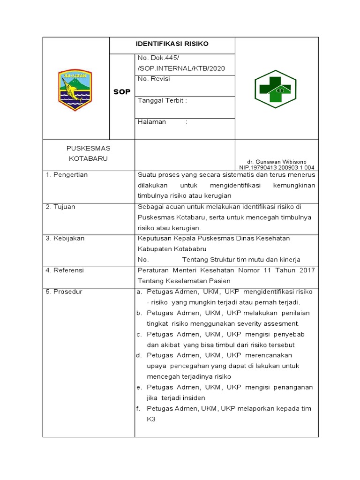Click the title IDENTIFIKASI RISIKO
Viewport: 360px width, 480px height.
coord(172,44)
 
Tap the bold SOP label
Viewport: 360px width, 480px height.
coord(122,92)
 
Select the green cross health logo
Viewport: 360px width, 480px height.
coord(276,89)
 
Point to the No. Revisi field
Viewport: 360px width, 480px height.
coord(154,79)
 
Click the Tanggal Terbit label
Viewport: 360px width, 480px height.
coord(162,101)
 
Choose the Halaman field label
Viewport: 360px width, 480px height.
coord(152,122)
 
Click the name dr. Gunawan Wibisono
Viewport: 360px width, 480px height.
coord(277,161)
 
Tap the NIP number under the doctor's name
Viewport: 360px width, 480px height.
coord(277,167)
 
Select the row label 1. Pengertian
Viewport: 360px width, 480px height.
coord(67,175)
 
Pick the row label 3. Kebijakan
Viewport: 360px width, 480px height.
coord(65,239)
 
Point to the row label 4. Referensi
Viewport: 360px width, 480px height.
coord(65,270)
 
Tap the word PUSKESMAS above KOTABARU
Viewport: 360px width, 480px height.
coord(88,148)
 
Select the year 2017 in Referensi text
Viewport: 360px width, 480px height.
coord(307,270)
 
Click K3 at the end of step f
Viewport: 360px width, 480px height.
coord(151,419)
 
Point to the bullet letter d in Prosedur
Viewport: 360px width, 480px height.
coord(139,355)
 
